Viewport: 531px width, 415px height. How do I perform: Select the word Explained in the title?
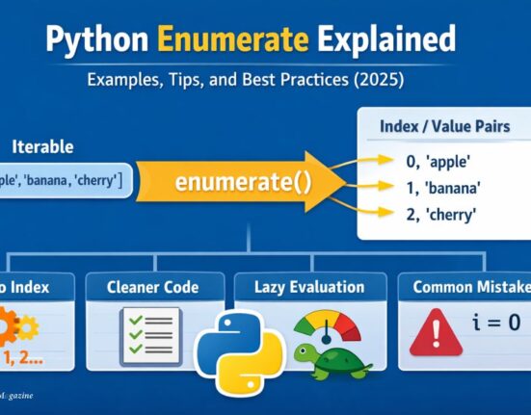[x=388, y=41]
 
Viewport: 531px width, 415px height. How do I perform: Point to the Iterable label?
[x=42, y=148]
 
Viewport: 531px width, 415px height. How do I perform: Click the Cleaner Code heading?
[x=153, y=286]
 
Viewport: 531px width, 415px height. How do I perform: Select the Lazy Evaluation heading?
[x=310, y=286]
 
